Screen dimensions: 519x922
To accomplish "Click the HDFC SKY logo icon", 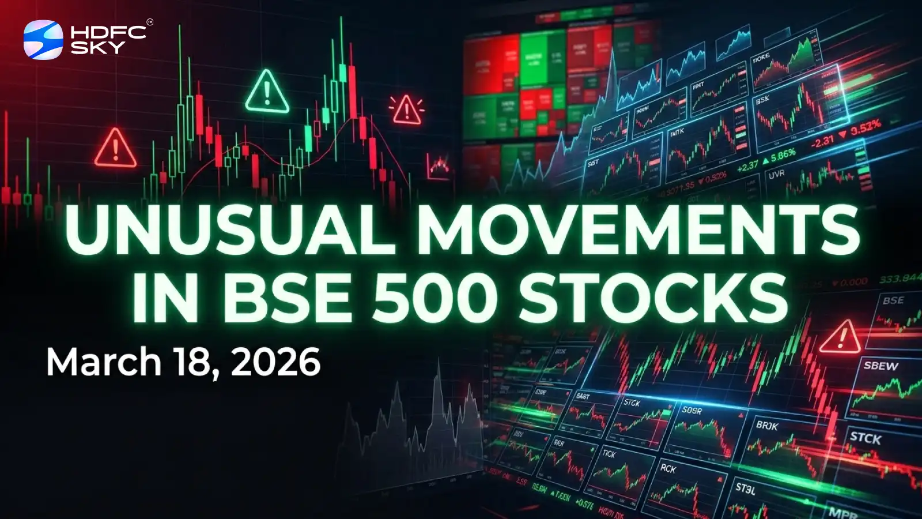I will coord(43,39).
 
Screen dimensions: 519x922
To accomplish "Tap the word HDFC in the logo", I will coord(108,32).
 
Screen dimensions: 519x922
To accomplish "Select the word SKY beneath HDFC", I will coord(97,47).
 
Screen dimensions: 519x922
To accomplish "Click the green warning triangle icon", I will coord(266,92).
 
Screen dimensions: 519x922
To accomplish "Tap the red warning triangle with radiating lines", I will coord(406,109).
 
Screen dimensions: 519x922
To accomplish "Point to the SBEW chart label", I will coord(881,366).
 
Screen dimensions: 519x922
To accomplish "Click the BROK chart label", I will coord(767,426).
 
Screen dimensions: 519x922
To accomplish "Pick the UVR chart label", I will coord(776,174).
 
